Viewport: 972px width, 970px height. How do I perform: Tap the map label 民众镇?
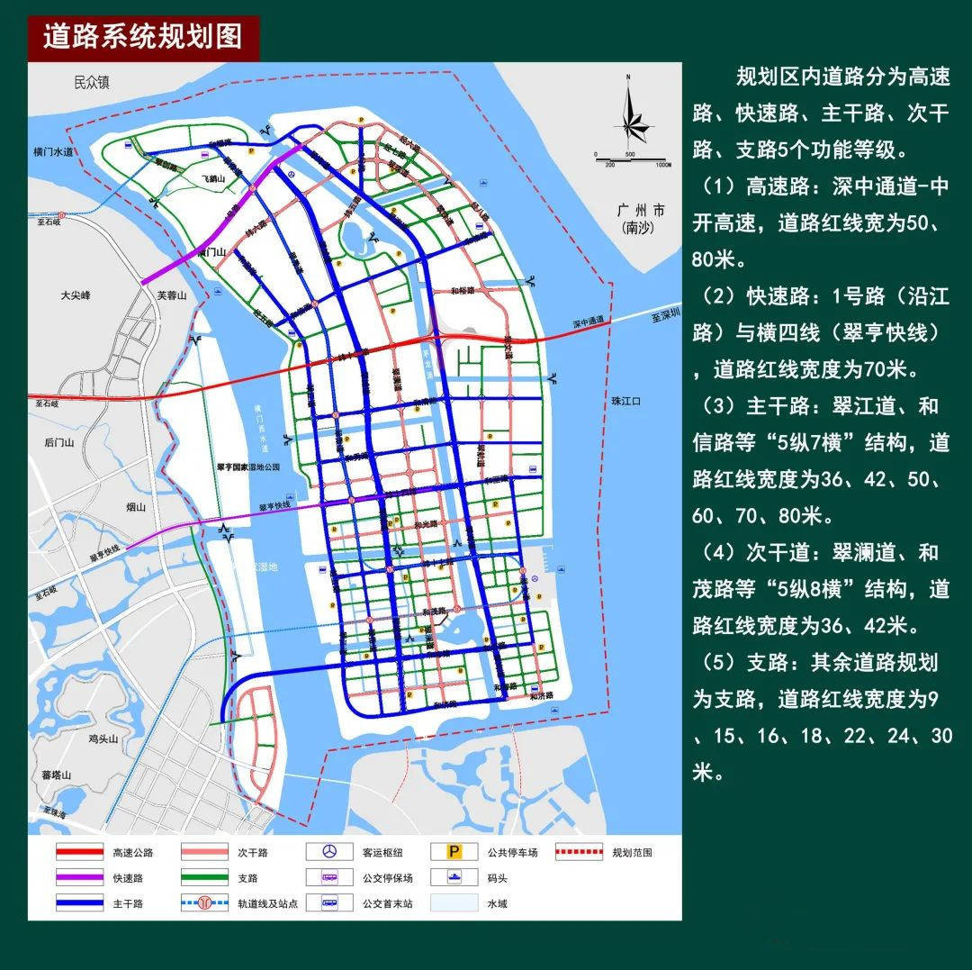pyautogui.click(x=91, y=83)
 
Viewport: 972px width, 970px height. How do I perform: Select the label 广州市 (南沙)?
pyautogui.click(x=641, y=219)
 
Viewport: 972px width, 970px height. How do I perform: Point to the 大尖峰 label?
pyautogui.click(x=76, y=295)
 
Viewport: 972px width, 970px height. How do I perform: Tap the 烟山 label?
pyautogui.click(x=134, y=507)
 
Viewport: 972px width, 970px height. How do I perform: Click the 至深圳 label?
pyautogui.click(x=667, y=315)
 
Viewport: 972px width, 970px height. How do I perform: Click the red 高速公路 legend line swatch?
pyautogui.click(x=79, y=852)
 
